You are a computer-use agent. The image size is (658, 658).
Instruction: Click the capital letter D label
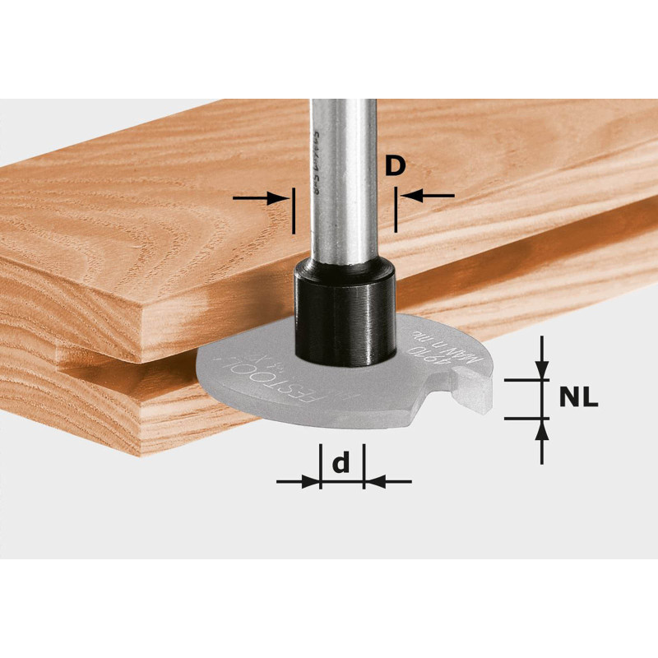(x=395, y=167)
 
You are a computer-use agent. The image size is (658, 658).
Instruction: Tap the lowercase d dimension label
(x=341, y=465)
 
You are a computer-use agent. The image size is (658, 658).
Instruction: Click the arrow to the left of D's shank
(x=263, y=197)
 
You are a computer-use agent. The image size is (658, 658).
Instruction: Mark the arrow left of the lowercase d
(x=298, y=482)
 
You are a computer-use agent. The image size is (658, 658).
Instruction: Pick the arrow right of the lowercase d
(x=387, y=482)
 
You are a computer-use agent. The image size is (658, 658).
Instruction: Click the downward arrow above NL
(x=540, y=360)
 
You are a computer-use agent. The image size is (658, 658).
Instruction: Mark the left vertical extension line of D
(x=292, y=211)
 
